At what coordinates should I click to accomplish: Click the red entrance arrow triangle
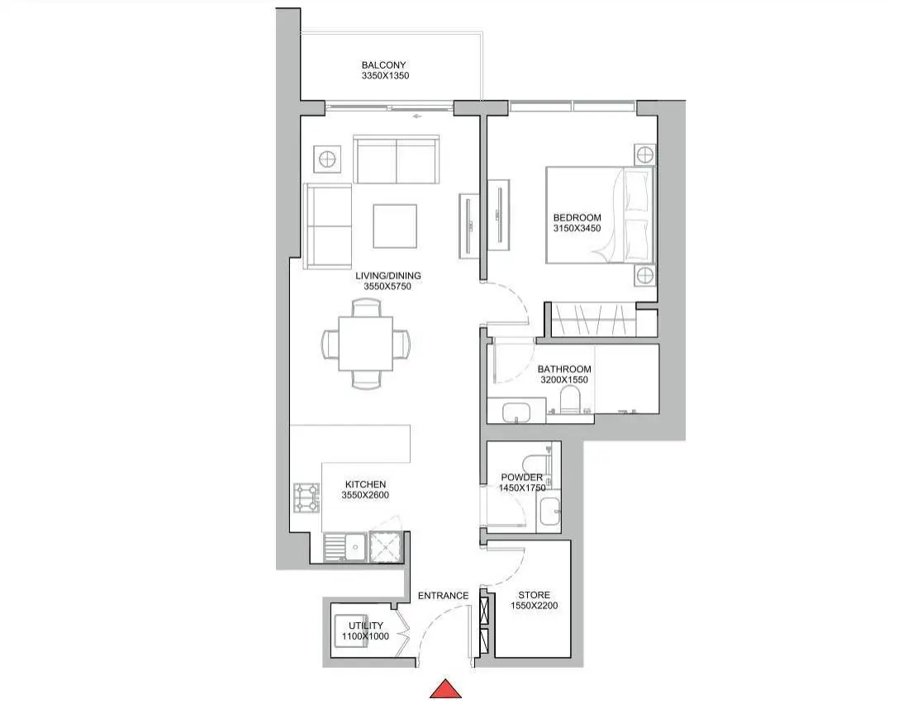[x=446, y=689]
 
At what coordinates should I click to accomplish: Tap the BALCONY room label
[x=383, y=65]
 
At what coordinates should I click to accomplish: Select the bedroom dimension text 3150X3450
[x=577, y=228]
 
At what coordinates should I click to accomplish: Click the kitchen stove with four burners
[x=306, y=497]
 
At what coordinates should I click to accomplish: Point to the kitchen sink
[x=345, y=548]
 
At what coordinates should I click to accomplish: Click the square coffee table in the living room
[x=395, y=226]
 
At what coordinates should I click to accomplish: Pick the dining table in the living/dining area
[x=365, y=343]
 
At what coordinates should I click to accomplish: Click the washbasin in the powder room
[x=549, y=511]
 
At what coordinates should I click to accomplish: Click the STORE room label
[x=534, y=595]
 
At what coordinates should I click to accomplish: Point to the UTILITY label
[x=365, y=626]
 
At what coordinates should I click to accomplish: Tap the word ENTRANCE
[x=444, y=596]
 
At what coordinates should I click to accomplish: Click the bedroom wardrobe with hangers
[x=594, y=320]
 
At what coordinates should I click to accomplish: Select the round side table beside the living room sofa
[x=326, y=159]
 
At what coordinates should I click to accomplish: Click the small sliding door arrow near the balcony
[x=417, y=117]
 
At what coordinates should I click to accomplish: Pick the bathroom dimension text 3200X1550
[x=564, y=379]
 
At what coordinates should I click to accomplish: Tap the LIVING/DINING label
[x=388, y=275]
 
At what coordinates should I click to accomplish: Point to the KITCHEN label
[x=365, y=484]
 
